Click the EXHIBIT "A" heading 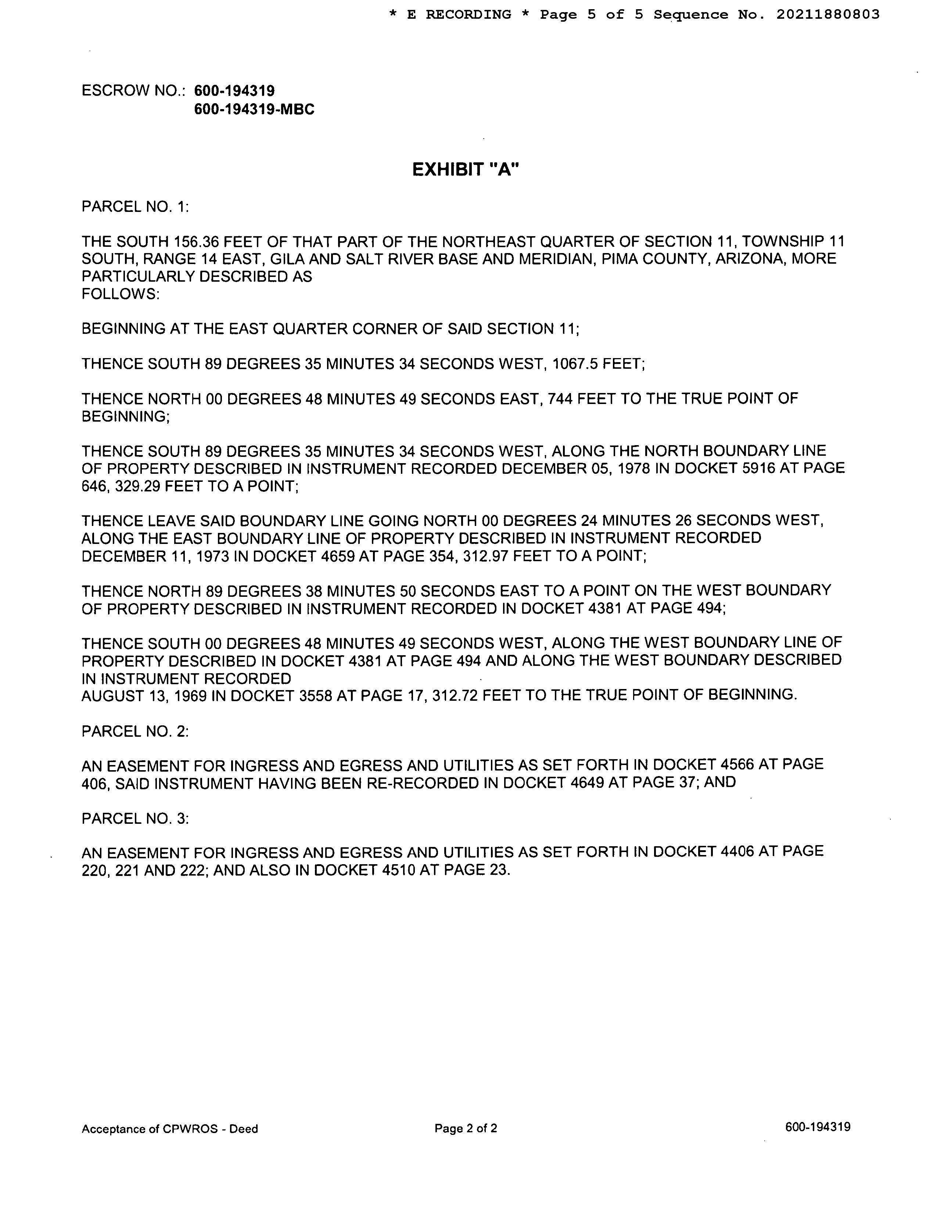(x=465, y=170)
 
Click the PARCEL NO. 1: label (x=135, y=207)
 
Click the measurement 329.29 (x=137, y=487)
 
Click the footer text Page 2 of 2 (x=466, y=1128)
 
